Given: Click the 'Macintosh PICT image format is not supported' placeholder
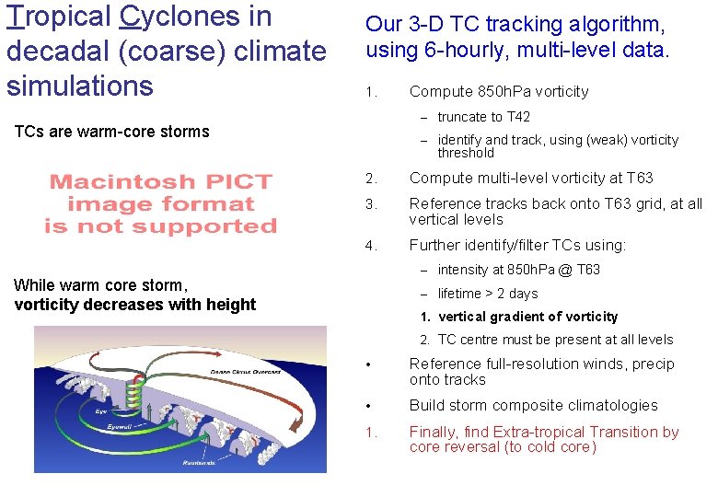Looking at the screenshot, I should click(x=162, y=203).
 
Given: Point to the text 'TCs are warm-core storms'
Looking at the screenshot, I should click(x=111, y=132).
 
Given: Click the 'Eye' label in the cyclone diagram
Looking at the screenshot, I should click(x=100, y=410).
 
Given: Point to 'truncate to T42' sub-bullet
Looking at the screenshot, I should click(x=483, y=117).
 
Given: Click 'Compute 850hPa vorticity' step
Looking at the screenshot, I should click(x=498, y=91).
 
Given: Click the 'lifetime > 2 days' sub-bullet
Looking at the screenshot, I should click(x=487, y=294).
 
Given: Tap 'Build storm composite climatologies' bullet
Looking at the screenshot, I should click(x=533, y=405).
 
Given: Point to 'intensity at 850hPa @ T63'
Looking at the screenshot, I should click(x=518, y=270).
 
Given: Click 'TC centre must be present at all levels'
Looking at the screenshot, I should click(x=555, y=340).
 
